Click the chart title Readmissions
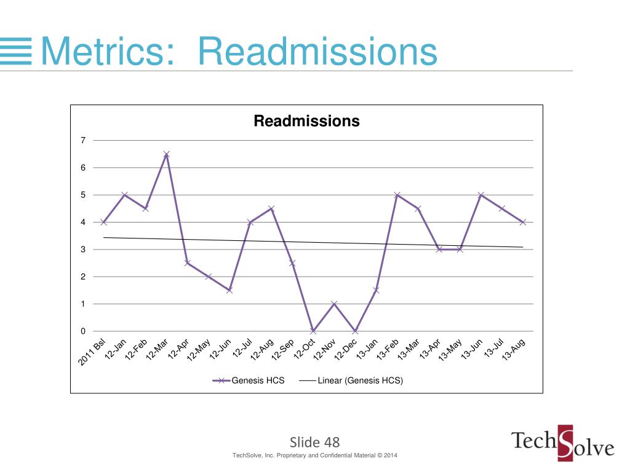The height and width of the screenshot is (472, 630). click(306, 121)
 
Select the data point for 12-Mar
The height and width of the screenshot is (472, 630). click(166, 154)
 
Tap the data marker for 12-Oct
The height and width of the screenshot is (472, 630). click(313, 331)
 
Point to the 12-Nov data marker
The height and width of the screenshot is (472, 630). click(334, 304)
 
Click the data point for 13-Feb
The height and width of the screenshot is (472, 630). click(397, 195)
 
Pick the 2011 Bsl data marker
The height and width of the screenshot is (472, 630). click(103, 222)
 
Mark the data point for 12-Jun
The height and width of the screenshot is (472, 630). click(229, 290)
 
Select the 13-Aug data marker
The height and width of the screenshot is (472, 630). click(523, 222)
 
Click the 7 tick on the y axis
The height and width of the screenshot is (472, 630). click(83, 141)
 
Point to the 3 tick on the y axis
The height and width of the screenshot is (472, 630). click(83, 250)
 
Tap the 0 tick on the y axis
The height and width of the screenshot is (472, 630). click(83, 331)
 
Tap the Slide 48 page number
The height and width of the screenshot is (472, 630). click(314, 442)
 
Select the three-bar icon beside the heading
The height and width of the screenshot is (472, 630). click(15, 50)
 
